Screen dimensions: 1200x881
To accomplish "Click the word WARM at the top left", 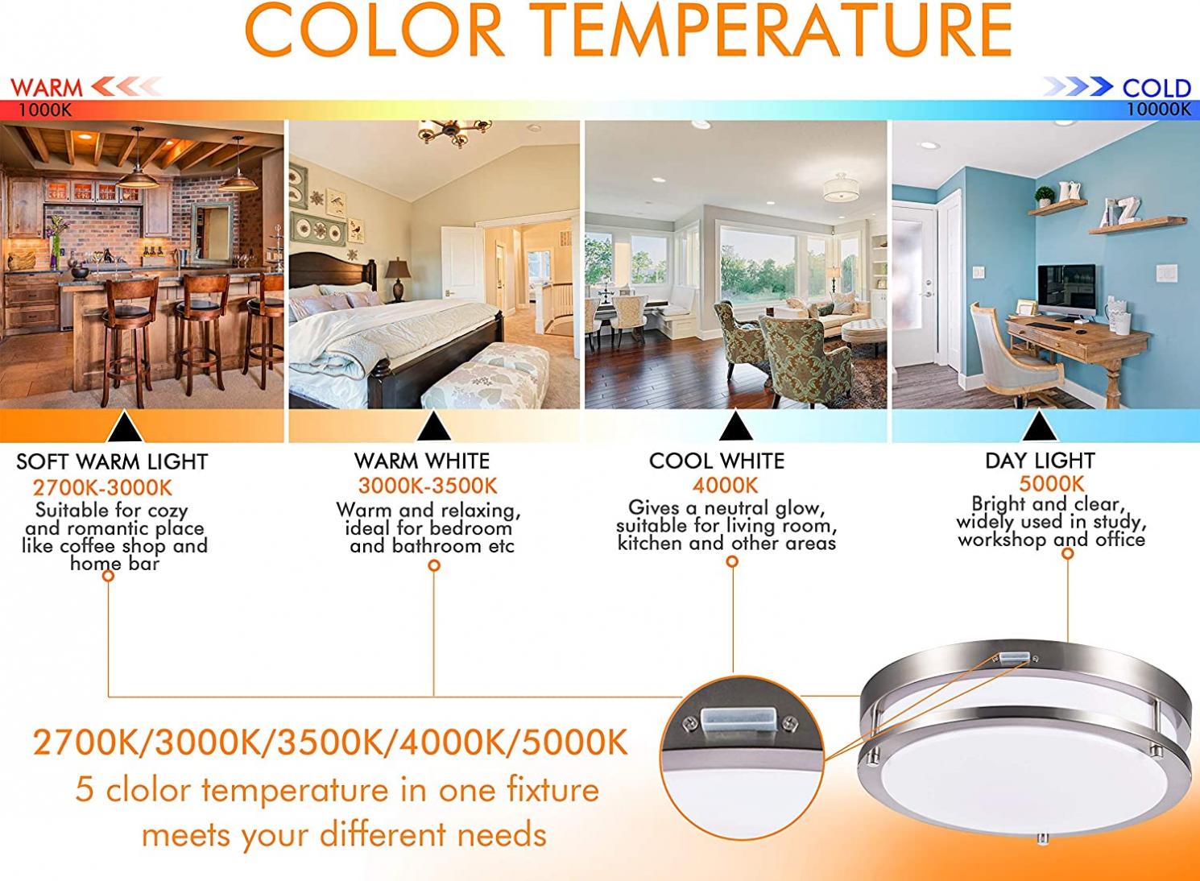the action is click(x=47, y=88).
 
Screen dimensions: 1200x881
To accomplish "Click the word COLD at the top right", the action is click(x=1157, y=89).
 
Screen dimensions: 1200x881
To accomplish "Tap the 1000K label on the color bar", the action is click(x=45, y=110).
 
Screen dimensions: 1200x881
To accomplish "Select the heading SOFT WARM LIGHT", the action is click(x=112, y=461).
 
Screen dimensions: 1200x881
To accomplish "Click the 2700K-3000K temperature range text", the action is click(x=102, y=488).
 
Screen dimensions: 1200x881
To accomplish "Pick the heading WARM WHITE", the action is click(x=421, y=461).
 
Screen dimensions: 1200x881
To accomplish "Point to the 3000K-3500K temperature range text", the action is click(x=428, y=486).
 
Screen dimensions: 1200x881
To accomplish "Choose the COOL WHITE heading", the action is click(x=717, y=461).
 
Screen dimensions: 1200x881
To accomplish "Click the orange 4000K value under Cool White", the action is click(x=726, y=486).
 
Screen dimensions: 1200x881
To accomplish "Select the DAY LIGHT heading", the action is click(x=1040, y=461).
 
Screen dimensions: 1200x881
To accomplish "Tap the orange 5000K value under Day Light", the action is click(x=1052, y=484).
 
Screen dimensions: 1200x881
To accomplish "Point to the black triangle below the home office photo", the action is click(x=1040, y=426).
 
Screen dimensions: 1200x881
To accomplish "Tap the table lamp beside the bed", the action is click(x=398, y=280).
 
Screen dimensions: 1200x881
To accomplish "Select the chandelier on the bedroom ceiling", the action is click(x=454, y=132).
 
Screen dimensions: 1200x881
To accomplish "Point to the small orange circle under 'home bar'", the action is click(x=108, y=576).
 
